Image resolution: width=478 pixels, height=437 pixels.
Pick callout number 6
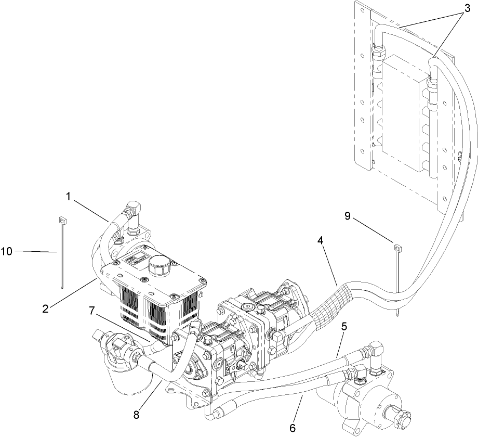(292, 428)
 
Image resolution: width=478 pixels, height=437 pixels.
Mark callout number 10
(7, 252)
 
